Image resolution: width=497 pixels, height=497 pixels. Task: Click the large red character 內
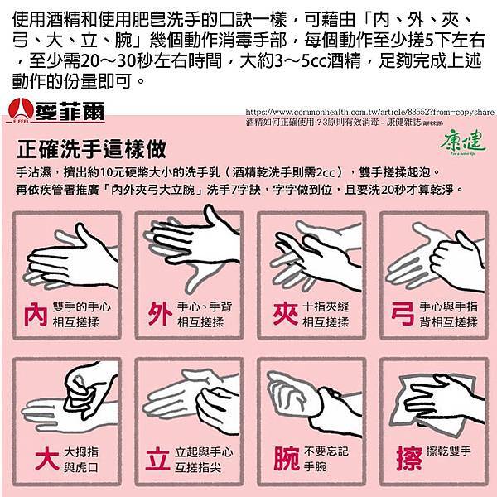pyautogui.click(x=36, y=313)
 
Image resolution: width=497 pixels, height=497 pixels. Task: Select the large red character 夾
pyautogui.click(x=282, y=313)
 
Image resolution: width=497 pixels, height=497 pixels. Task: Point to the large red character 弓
pyautogui.click(x=403, y=313)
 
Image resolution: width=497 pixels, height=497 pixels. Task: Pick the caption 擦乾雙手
pyautogui.click(x=447, y=451)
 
